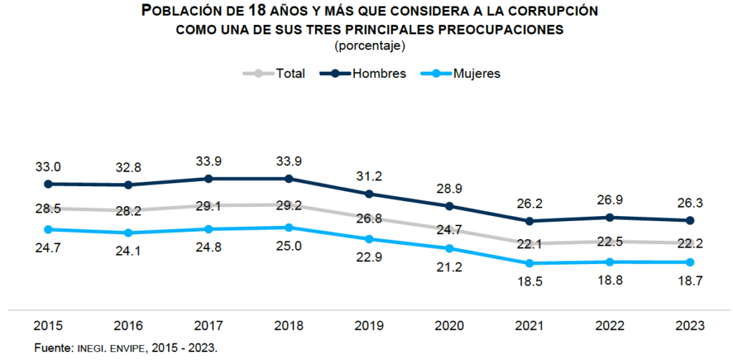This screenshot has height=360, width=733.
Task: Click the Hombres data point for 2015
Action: [x=48, y=184]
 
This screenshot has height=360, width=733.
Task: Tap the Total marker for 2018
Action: [x=288, y=206]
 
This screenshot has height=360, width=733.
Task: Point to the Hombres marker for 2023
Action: [x=690, y=220]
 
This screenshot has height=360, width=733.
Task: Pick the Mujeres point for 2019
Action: [x=369, y=239]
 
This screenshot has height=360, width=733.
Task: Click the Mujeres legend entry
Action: [x=465, y=73]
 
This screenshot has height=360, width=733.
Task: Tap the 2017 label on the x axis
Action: [x=208, y=326]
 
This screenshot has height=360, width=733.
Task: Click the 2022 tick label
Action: [x=610, y=326]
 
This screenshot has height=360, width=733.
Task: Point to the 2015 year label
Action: [x=48, y=326]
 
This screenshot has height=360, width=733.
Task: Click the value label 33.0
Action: [x=48, y=167]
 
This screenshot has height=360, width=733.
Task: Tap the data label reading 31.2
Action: [x=369, y=177]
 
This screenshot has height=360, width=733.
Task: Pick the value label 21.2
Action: [x=449, y=267]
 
